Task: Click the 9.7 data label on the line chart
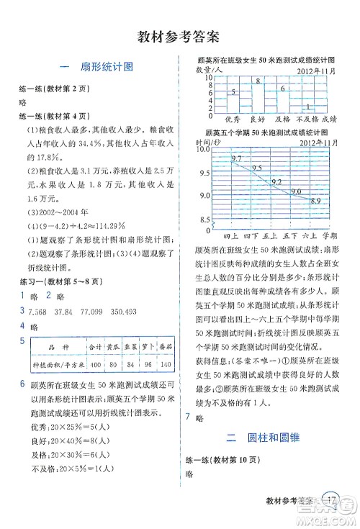coord(237,158)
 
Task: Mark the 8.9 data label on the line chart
coord(315,200)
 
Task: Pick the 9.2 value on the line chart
coord(278,183)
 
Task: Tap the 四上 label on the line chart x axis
coord(231,235)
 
